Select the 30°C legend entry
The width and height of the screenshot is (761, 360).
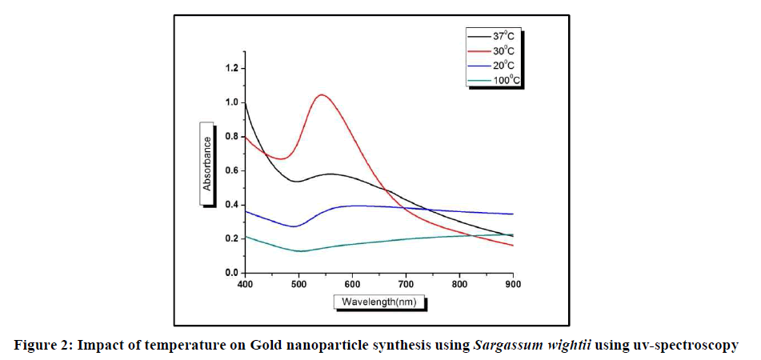(x=497, y=51)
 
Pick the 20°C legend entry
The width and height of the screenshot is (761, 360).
(x=497, y=66)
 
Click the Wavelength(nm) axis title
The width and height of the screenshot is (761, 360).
(x=378, y=302)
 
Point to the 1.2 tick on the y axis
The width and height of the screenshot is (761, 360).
(x=231, y=68)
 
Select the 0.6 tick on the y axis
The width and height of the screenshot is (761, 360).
(x=231, y=170)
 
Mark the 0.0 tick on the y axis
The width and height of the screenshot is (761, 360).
(x=231, y=273)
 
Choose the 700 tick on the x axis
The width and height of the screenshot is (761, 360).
(x=406, y=285)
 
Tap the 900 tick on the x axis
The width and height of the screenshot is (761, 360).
(x=513, y=285)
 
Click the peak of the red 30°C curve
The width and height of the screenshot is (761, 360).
(x=322, y=95)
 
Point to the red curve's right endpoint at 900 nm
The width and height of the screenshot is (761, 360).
(x=513, y=245)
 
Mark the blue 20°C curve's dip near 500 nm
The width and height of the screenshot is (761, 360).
(x=295, y=226)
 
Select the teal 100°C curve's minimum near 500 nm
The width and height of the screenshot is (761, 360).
(x=300, y=251)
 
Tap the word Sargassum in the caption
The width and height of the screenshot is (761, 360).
(x=506, y=346)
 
